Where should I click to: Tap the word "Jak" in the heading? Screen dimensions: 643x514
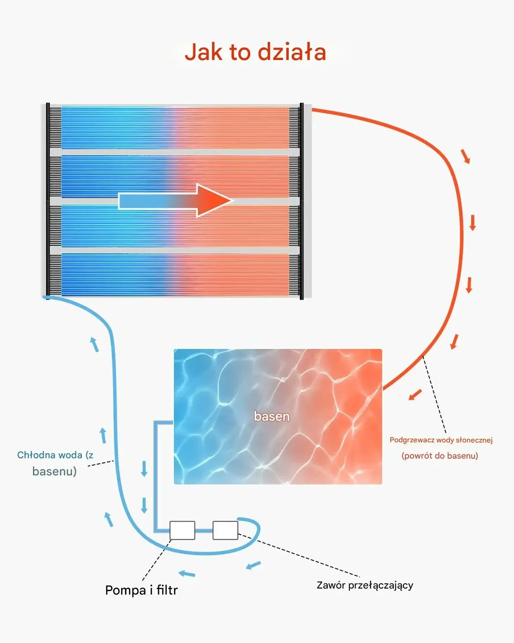(203, 52)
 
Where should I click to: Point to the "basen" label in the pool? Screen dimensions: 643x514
(272, 416)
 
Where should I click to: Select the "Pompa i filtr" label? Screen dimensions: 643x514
(141, 590)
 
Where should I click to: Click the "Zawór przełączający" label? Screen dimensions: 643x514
(365, 585)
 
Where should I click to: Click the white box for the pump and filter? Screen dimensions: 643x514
(182, 530)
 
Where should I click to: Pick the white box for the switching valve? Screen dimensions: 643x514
(225, 530)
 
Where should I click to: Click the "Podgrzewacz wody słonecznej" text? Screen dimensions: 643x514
(441, 440)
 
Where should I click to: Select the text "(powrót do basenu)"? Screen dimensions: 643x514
(439, 456)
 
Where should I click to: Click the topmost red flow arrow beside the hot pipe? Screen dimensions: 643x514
(466, 156)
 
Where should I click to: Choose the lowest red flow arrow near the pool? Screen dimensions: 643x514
(415, 394)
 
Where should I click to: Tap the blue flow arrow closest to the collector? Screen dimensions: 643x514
(94, 344)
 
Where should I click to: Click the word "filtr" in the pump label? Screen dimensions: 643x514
(167, 590)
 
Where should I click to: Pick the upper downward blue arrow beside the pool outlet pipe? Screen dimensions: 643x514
(144, 469)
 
